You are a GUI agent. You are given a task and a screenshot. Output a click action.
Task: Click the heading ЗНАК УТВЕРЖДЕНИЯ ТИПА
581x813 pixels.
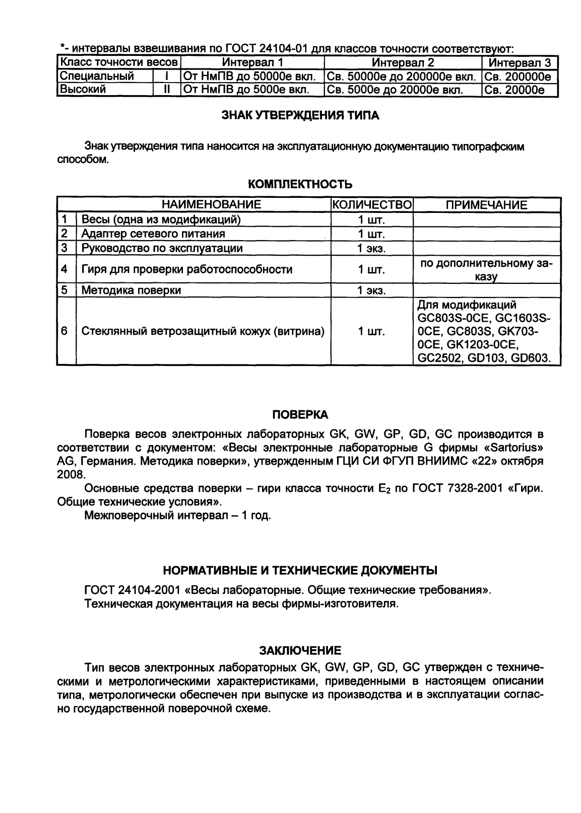(300, 116)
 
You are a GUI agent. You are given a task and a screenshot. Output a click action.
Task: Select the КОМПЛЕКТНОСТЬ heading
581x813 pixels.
(300, 184)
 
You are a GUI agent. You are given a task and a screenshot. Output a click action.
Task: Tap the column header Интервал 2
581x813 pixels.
(403, 63)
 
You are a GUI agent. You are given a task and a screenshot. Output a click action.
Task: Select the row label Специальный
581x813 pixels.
(98, 77)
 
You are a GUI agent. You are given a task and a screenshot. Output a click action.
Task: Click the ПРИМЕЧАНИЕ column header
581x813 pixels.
(486, 205)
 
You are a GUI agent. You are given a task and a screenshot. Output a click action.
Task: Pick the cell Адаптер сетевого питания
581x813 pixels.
(153, 234)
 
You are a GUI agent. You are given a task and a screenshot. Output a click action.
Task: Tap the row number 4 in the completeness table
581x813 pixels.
(64, 269)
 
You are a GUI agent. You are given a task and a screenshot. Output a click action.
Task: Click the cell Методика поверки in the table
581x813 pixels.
(131, 290)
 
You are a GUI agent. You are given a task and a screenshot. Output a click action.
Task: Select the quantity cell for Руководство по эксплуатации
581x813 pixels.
(371, 248)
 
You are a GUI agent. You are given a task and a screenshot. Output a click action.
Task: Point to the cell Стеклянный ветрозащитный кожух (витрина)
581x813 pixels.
(203, 332)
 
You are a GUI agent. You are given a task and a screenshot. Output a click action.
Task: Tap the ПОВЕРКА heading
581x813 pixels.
(300, 415)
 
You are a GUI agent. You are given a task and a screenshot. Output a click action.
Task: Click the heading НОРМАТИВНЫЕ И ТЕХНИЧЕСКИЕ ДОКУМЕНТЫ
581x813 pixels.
(300, 570)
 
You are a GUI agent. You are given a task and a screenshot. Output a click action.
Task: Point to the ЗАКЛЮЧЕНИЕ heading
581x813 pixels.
(300, 651)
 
